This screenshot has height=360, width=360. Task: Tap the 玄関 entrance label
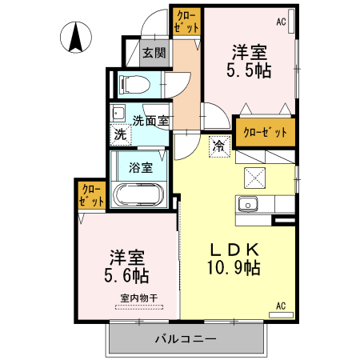coord(154,54)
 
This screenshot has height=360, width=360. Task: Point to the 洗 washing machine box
coord(120,135)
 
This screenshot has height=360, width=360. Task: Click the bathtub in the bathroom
coord(140,195)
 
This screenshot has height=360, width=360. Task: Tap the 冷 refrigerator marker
coord(218,146)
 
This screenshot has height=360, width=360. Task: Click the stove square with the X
coord(255,178)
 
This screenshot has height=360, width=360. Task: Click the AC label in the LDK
coord(281,306)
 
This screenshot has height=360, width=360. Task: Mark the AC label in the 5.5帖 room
coord(281,22)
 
